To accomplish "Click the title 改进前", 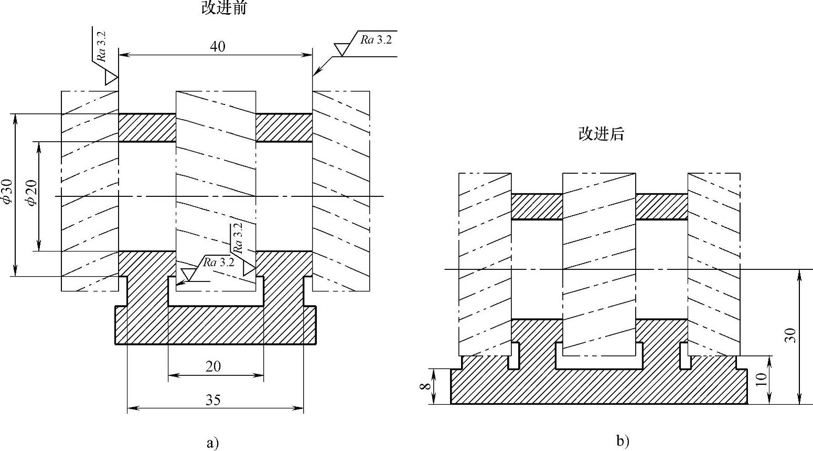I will coord(224,8).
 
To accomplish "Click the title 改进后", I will coord(601,134).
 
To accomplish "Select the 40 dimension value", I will coord(217,46).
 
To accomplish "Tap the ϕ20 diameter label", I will coord(32,193).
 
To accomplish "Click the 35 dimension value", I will coord(213,400).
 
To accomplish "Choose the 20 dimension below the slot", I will coord(213,366).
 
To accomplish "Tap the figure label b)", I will coord(623,441).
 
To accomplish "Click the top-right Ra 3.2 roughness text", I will coord(376,39).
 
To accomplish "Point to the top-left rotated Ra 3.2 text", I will coord(102,46).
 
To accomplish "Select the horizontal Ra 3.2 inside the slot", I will coord(219,262).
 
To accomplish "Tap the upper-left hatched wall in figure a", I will coord(147,128).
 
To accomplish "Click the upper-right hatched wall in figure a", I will coord(284,128).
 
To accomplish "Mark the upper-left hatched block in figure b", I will coord(536,206).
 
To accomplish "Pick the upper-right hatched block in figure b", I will coord(661,206).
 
